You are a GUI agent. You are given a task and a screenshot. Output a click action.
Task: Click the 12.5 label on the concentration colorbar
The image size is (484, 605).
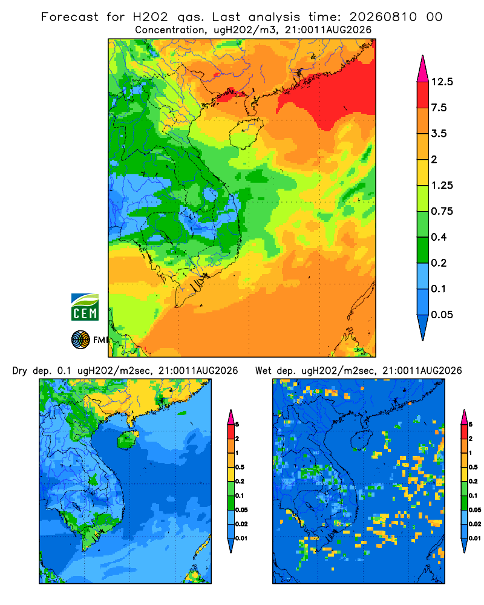click(x=442, y=82)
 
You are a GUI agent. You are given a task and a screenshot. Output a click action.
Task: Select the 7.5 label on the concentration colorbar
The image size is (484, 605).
click(x=439, y=108)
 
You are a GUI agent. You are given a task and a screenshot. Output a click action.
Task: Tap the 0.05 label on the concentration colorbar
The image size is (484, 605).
click(x=442, y=315)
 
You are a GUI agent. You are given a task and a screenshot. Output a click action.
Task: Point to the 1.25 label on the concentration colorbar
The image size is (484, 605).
click(x=442, y=185)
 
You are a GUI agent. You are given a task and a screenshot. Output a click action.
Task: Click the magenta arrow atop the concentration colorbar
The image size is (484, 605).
click(x=423, y=69)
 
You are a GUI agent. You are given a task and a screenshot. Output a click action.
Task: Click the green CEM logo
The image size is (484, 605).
click(x=85, y=307)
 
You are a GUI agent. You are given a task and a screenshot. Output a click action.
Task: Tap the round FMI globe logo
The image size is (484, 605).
click(x=80, y=340)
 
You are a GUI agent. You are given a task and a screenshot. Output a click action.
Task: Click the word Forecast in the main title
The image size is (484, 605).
click(x=70, y=17)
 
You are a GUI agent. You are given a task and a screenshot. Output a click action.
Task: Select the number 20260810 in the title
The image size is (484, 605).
click(x=383, y=17)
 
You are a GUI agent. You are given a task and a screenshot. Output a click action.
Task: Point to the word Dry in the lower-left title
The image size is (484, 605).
click(x=20, y=371)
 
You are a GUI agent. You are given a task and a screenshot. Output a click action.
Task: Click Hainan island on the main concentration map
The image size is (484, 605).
click(x=246, y=134)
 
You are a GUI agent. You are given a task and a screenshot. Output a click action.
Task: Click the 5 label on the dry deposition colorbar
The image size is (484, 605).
click(x=237, y=425)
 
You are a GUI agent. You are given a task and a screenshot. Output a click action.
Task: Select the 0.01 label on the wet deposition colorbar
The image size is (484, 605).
click(x=475, y=538)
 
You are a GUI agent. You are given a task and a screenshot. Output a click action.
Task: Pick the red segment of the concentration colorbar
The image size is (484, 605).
click(x=423, y=95)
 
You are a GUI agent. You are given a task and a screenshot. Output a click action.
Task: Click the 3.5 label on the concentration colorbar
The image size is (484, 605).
click(x=439, y=134)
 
